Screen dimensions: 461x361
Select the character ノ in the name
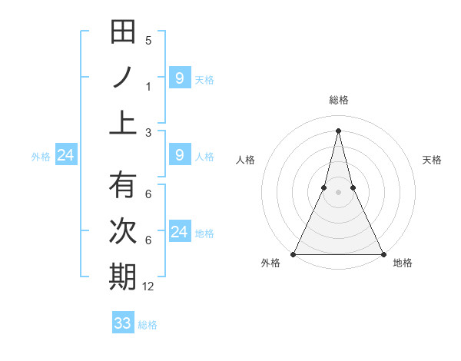coord(123,77)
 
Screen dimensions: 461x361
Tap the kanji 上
coord(123,121)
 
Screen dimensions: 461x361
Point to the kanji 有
coord(123,187)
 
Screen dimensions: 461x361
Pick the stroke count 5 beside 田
coord(148,41)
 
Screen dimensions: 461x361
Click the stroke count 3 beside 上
coord(148,132)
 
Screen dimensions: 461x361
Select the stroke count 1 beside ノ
coord(148,86)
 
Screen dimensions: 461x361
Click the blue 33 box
coord(123,323)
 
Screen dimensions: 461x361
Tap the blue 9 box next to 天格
coord(179,78)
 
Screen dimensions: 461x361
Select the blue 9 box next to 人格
coord(179,156)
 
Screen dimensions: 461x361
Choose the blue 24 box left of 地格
coord(179,232)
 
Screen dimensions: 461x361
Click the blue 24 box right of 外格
coord(66,156)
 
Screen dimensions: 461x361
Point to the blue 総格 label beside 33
coord(148,325)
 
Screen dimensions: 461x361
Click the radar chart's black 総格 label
coord(338,100)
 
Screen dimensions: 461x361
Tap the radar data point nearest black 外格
coord(294,254)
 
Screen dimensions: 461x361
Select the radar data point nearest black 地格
coord(383,254)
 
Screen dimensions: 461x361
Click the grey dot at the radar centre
coord(338,193)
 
